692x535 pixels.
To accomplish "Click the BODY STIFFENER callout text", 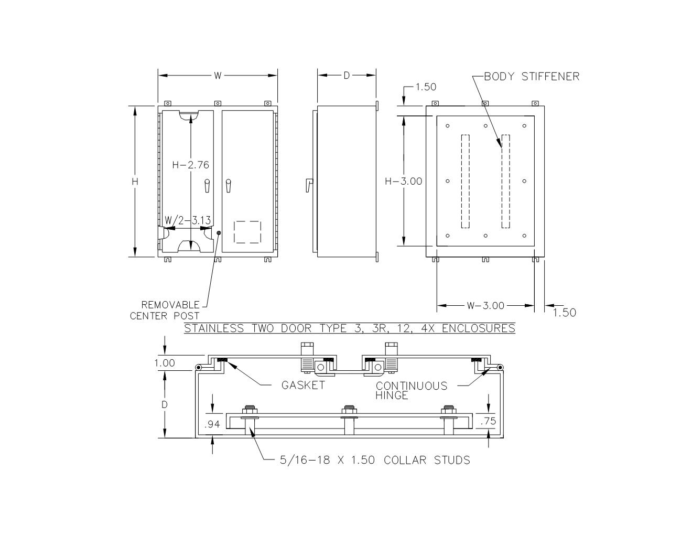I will [531, 77].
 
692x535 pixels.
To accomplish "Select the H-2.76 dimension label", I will [190, 165].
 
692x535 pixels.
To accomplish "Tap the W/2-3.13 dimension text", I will [187, 220].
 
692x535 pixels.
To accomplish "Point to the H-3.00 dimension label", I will [403, 181].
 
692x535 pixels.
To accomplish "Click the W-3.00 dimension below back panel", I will [485, 306].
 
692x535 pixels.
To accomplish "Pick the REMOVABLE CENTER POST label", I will [165, 311].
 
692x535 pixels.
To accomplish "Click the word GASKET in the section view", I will [303, 385].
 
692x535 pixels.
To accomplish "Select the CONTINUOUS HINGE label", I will [412, 390].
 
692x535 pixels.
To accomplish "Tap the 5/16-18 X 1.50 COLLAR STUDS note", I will [375, 460].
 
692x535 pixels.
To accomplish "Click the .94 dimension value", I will [212, 424].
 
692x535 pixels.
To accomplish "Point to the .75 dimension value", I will [488, 421].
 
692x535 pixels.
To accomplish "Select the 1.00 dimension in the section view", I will [165, 363].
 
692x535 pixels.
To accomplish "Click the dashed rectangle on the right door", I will [247, 232].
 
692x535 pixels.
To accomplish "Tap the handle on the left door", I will [207, 185].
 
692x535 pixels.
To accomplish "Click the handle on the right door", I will [228, 185].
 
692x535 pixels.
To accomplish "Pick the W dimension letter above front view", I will [218, 76].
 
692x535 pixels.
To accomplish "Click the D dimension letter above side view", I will [347, 76].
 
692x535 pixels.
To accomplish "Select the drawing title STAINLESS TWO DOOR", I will [349, 329].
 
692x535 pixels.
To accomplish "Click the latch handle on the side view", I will [309, 185].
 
